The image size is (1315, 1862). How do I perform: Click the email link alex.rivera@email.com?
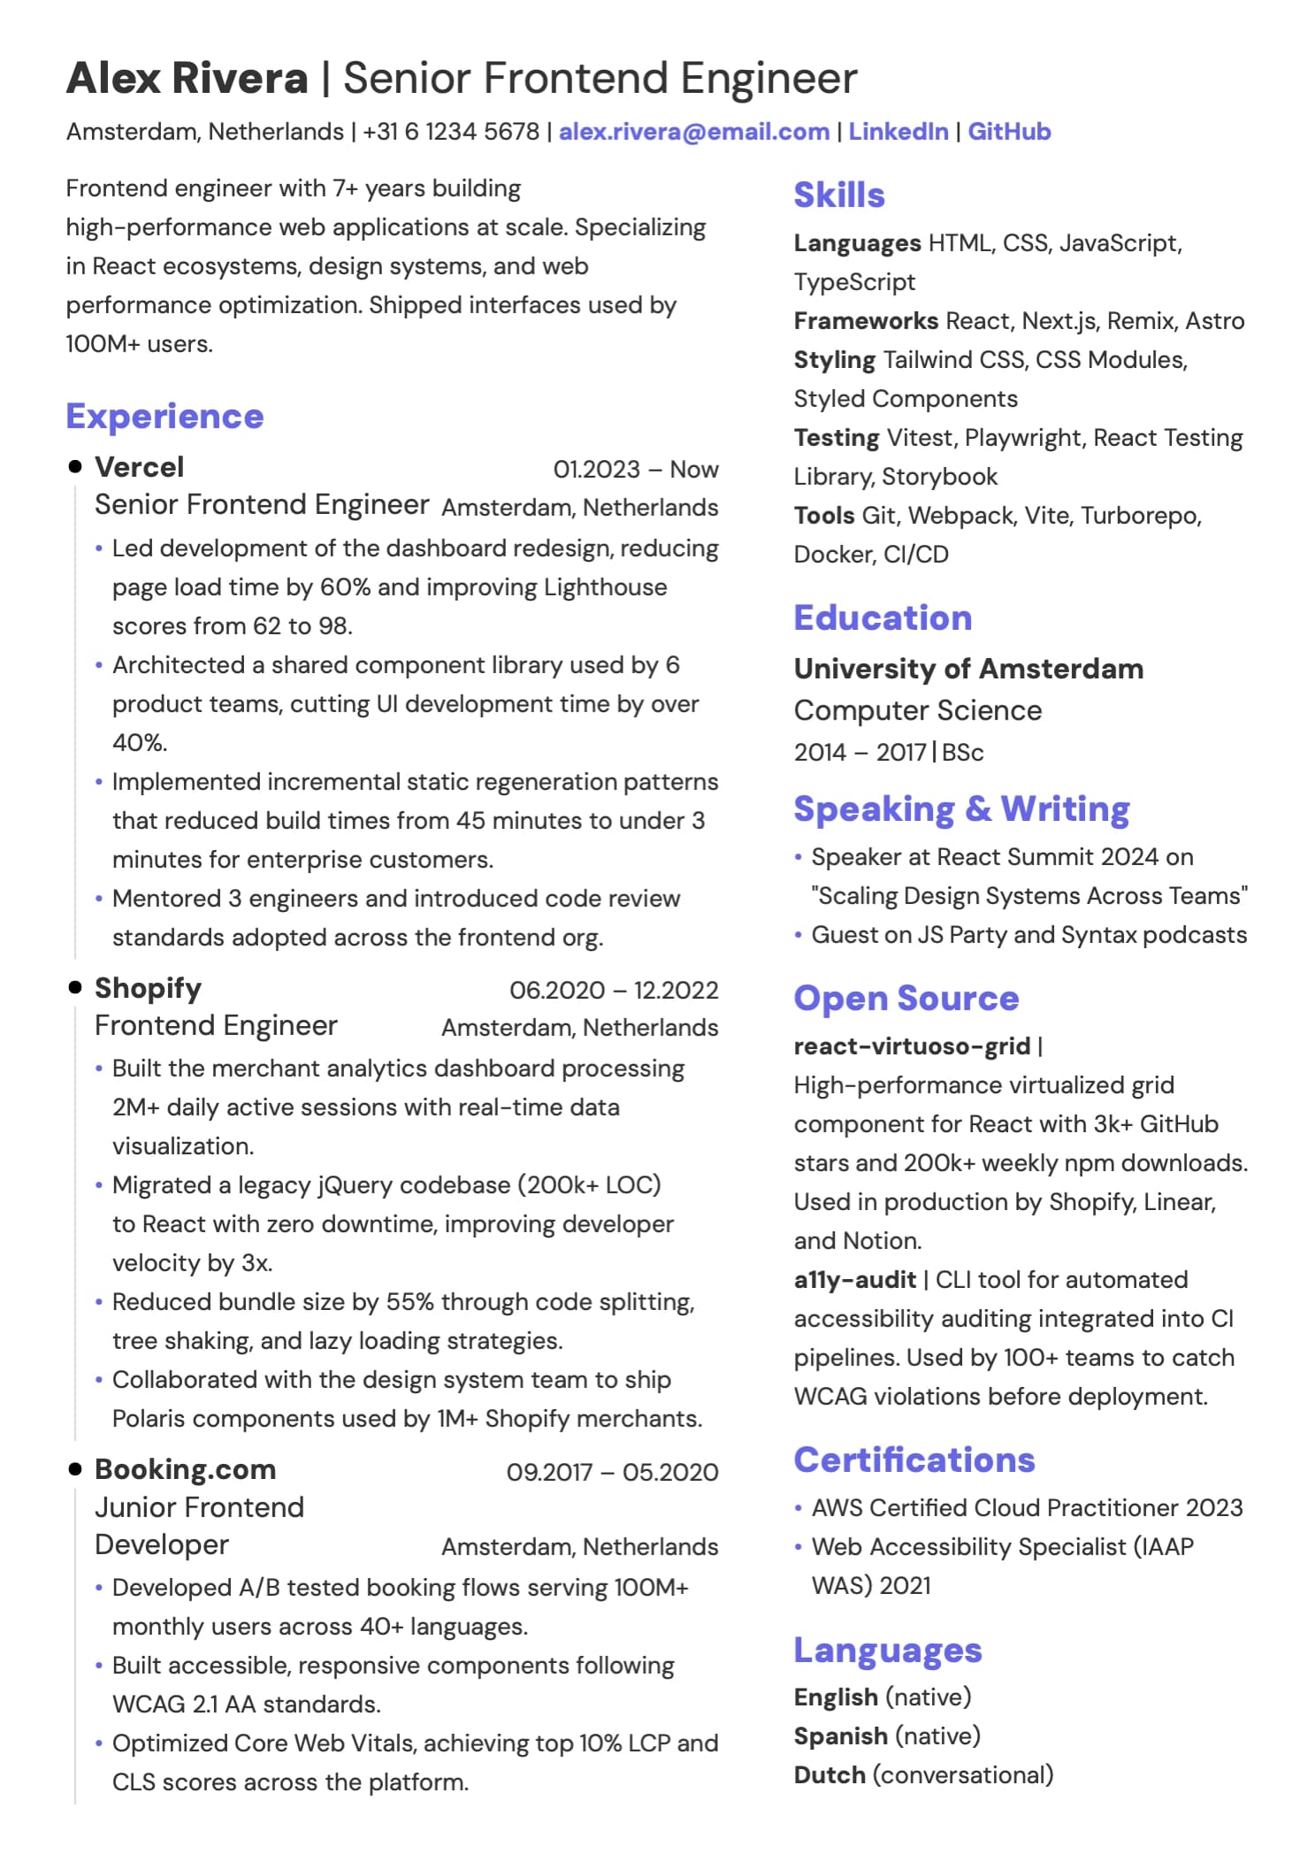[693, 132]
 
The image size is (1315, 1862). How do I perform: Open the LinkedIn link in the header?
[898, 132]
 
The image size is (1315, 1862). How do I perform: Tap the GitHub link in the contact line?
[1009, 132]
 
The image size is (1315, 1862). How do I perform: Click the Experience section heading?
[164, 416]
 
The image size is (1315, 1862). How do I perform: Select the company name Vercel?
[139, 467]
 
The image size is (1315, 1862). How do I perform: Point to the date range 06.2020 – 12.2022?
[614, 990]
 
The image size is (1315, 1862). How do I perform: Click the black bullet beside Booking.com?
[75, 1469]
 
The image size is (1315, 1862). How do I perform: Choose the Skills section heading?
[838, 195]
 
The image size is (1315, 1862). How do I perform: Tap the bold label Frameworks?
[865, 320]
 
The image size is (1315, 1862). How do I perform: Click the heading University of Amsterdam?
[968, 669]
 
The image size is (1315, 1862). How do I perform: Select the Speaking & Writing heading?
[961, 808]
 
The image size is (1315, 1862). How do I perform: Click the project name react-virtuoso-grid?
[912, 1046]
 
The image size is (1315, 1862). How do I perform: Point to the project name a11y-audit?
[854, 1280]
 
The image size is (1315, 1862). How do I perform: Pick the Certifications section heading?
[914, 1460]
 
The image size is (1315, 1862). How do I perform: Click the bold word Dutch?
[830, 1774]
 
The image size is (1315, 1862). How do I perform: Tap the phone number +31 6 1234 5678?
[450, 132]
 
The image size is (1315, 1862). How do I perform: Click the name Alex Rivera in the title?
[187, 78]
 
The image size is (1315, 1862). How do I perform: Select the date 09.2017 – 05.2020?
[612, 1472]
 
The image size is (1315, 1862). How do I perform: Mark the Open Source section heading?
[906, 998]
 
